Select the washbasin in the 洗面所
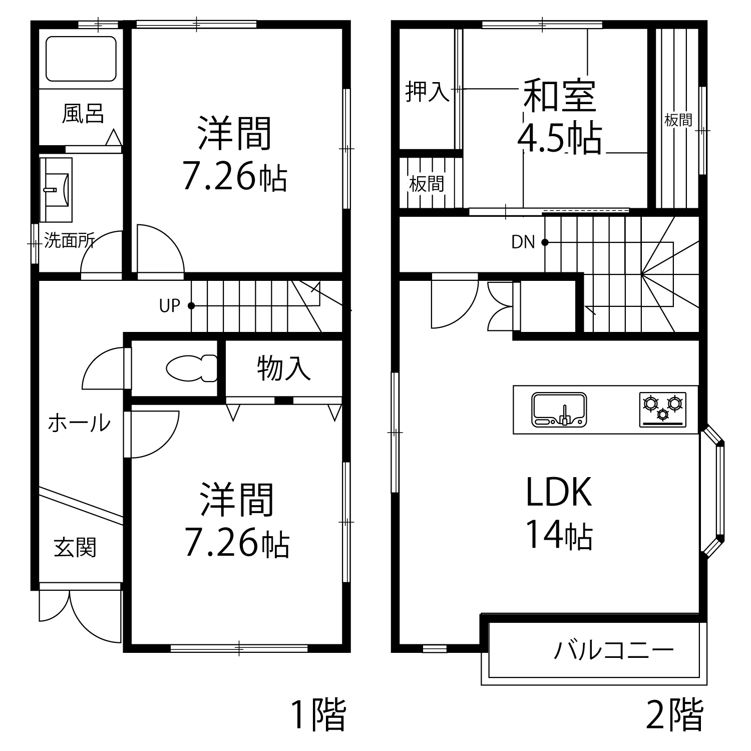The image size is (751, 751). pos(56,189)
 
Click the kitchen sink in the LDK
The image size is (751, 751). pos(559,409)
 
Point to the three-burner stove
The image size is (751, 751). pos(662,409)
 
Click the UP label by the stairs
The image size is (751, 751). pos(169,306)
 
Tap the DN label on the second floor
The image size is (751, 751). pos(523,242)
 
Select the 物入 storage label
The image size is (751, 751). pos(283,368)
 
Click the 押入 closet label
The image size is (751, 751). pos(427,92)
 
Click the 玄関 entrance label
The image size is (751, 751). pos(75,547)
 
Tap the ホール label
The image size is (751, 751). pos(79,424)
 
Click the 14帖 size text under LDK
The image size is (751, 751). pos(559,536)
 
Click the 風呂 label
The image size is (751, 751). pos(83,114)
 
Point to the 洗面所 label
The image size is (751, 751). pos(69,241)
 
